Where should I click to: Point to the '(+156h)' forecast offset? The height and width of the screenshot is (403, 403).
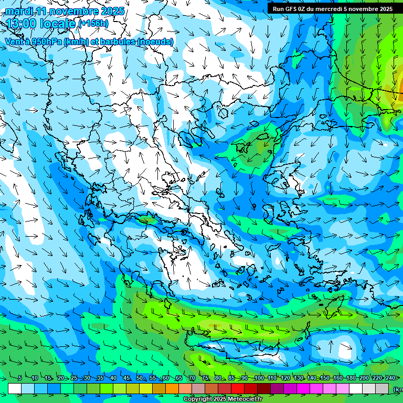point(93,24)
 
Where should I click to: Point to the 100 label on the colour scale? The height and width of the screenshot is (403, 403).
point(259,378)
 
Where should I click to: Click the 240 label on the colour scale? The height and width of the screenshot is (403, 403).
point(390,378)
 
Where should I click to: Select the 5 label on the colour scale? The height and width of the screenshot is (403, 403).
point(20,378)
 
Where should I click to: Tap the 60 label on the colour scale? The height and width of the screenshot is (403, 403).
point(166,378)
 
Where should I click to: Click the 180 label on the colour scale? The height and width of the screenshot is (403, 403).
point(351,378)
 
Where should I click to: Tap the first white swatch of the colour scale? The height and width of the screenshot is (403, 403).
point(15,388)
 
